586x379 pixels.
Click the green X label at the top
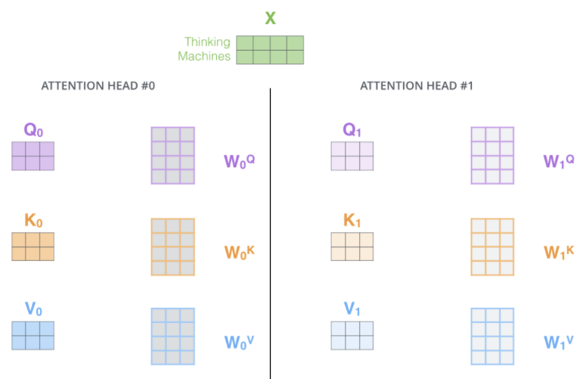point(270,17)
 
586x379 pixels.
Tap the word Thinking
point(206,43)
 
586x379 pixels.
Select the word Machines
point(204,56)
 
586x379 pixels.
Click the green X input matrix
point(270,50)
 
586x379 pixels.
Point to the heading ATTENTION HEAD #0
point(98,85)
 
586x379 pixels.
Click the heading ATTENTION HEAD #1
point(417,85)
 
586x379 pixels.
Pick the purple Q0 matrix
point(33,156)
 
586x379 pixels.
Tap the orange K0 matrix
point(33,247)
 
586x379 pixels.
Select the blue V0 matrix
point(33,336)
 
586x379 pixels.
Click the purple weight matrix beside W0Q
point(172,155)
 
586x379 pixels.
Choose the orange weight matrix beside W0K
point(172,247)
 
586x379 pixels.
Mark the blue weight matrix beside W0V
point(172,336)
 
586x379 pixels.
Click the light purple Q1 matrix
point(352,156)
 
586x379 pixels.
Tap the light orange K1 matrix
point(352,247)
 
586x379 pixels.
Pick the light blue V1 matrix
point(352,336)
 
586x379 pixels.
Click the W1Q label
point(559,160)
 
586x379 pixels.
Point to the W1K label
point(559,251)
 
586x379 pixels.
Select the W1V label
point(559,341)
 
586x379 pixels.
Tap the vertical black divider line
point(270,227)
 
